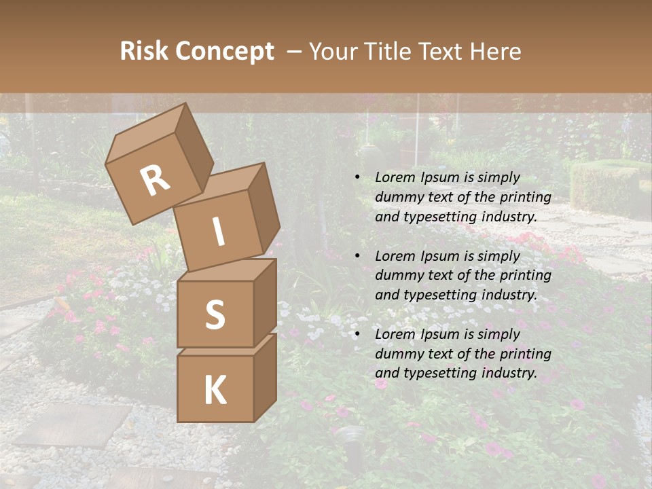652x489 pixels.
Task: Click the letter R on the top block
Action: (155, 181)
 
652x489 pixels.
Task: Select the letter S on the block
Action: (215, 314)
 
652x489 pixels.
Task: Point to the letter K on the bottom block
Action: (215, 391)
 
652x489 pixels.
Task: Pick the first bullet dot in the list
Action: (358, 178)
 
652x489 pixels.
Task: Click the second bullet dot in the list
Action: (358, 257)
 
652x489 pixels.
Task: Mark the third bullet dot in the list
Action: (358, 335)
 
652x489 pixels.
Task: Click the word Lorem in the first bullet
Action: (395, 178)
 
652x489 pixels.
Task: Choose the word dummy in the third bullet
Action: (398, 354)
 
